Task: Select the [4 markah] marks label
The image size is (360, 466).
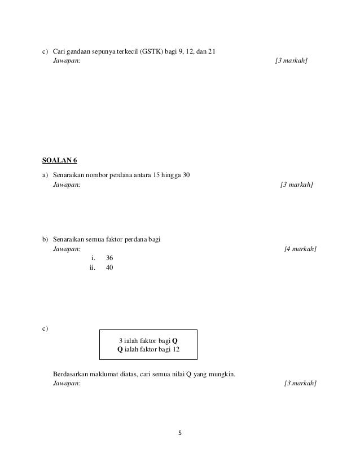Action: click(x=300, y=248)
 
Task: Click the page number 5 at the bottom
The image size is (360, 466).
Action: click(x=179, y=433)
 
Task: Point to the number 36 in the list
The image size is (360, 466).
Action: click(x=109, y=258)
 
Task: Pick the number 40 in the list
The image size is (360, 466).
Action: click(x=109, y=267)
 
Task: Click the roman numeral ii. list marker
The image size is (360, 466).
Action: click(x=93, y=267)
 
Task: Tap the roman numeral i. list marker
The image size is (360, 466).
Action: click(x=94, y=258)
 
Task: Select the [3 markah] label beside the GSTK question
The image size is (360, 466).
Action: click(x=291, y=62)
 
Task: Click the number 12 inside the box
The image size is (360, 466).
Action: click(x=176, y=350)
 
